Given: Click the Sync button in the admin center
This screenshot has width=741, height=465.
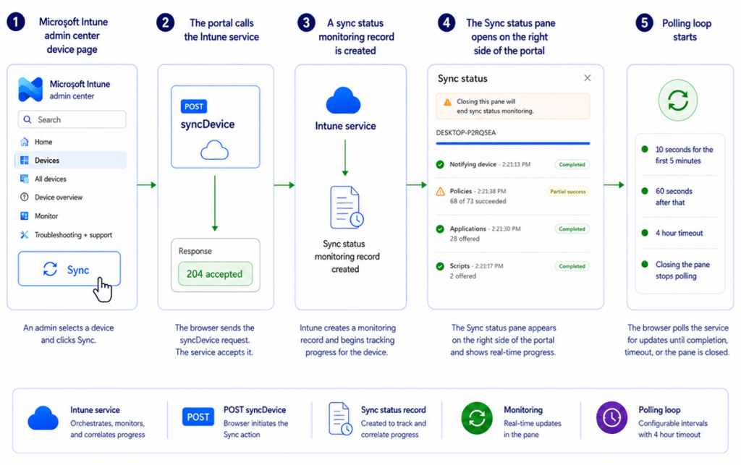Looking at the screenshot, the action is click(x=69, y=268).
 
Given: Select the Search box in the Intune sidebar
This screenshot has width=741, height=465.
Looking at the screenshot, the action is click(x=72, y=119).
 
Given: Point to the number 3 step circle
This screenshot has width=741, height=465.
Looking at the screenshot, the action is click(x=306, y=22).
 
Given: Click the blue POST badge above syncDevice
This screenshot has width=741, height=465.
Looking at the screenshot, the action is click(x=194, y=106).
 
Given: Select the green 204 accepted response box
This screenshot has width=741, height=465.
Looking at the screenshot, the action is click(x=215, y=274).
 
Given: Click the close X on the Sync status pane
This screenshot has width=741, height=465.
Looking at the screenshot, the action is click(x=588, y=78).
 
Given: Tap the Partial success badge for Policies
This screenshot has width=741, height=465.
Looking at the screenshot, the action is click(x=567, y=192).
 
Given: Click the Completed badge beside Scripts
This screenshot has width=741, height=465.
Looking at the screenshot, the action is click(x=572, y=266).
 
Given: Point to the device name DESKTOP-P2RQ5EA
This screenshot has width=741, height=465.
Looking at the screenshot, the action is click(x=466, y=132).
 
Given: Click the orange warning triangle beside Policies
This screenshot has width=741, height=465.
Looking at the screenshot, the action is click(x=441, y=191).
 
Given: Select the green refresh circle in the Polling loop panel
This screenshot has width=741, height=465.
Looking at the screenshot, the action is click(x=678, y=101).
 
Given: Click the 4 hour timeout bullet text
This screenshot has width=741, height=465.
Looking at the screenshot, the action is click(x=679, y=233).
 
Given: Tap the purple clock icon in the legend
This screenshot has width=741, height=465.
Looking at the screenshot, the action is click(x=611, y=417).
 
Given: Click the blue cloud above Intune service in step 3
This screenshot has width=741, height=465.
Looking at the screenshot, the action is click(x=343, y=101).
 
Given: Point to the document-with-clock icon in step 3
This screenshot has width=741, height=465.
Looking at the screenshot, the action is click(x=347, y=208).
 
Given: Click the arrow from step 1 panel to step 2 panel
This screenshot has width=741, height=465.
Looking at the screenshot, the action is click(x=147, y=185).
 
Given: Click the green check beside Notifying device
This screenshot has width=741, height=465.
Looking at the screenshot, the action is click(x=440, y=164).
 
